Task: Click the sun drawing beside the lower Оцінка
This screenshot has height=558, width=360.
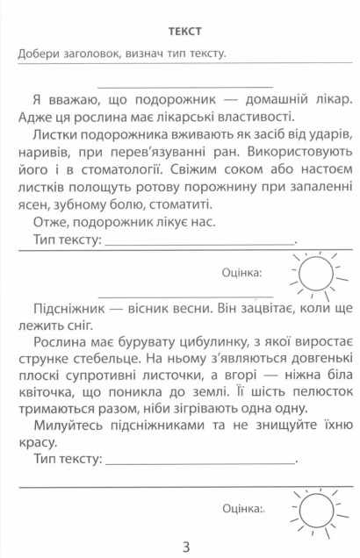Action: tap(314, 506)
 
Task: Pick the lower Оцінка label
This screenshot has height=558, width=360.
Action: tap(243, 506)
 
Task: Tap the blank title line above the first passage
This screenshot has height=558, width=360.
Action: tap(185, 84)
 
